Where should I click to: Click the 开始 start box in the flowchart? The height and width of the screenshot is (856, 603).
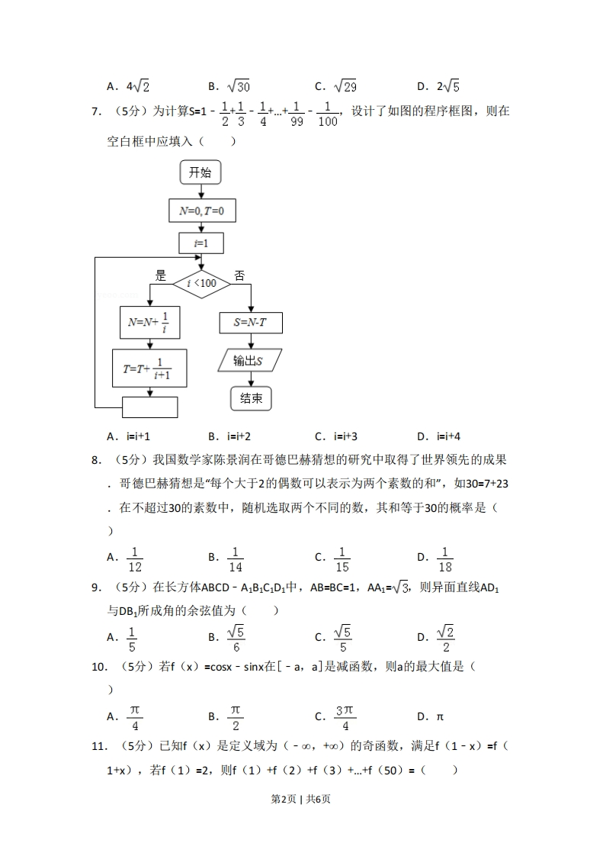(200, 172)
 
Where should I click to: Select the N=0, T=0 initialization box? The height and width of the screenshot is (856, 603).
(201, 211)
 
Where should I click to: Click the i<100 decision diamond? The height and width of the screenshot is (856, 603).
(201, 284)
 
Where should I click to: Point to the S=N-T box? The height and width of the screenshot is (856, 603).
(251, 323)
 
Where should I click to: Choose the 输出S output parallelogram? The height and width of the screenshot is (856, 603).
(249, 360)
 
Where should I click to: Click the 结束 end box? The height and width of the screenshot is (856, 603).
(251, 397)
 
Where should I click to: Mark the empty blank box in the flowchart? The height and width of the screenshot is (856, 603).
(149, 407)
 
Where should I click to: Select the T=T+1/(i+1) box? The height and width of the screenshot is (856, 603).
(149, 368)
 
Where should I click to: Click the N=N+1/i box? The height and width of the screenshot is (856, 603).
(149, 323)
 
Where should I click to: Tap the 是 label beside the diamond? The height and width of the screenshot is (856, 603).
(160, 276)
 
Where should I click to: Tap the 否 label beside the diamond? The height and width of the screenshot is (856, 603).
(239, 276)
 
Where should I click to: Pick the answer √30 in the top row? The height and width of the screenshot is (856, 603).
(239, 86)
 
